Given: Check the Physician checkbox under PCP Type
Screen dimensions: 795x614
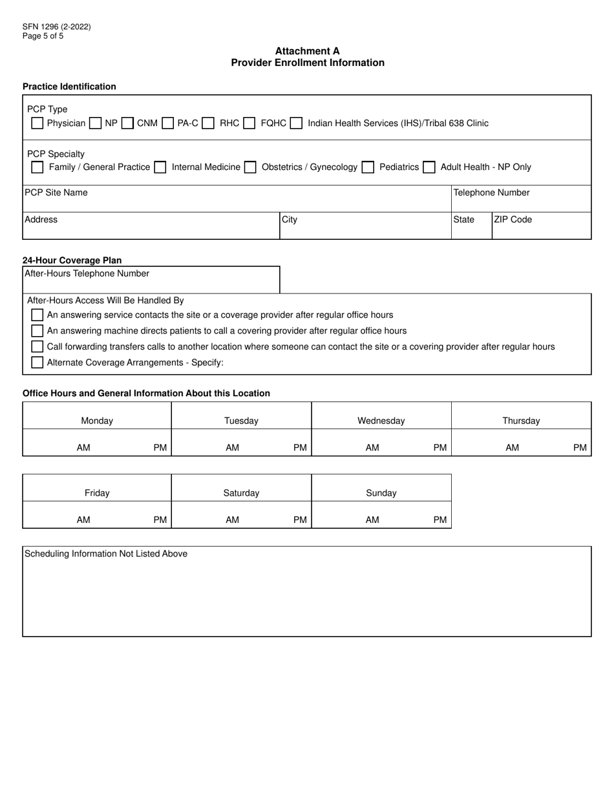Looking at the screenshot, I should (37, 123).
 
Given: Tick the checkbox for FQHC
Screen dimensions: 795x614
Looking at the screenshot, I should (249, 123).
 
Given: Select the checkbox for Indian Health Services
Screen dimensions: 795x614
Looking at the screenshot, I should (296, 123).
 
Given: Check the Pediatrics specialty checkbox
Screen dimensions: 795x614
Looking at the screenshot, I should (368, 167).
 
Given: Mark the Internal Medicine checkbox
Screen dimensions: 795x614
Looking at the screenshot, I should (160, 167).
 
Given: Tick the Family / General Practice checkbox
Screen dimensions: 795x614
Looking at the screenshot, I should (37, 167).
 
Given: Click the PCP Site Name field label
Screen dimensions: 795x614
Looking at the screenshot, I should (56, 193).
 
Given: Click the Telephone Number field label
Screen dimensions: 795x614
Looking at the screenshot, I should (491, 193).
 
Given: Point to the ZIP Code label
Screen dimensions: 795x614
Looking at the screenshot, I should (513, 220).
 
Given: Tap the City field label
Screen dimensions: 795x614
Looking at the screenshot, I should (290, 220).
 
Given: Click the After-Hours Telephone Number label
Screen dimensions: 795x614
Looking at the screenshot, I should (87, 273).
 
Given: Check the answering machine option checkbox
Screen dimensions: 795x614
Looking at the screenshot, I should (37, 331).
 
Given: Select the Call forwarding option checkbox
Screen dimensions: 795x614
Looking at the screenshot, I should (37, 346).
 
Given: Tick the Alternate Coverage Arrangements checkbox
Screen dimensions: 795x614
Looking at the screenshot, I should (37, 363).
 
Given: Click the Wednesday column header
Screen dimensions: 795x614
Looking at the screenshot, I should (381, 421).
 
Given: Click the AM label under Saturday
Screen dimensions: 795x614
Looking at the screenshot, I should (232, 520).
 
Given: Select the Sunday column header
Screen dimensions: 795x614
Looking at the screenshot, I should (381, 493).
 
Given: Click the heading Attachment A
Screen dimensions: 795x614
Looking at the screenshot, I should (307, 51).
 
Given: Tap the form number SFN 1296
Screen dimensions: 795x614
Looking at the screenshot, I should (56, 27).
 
